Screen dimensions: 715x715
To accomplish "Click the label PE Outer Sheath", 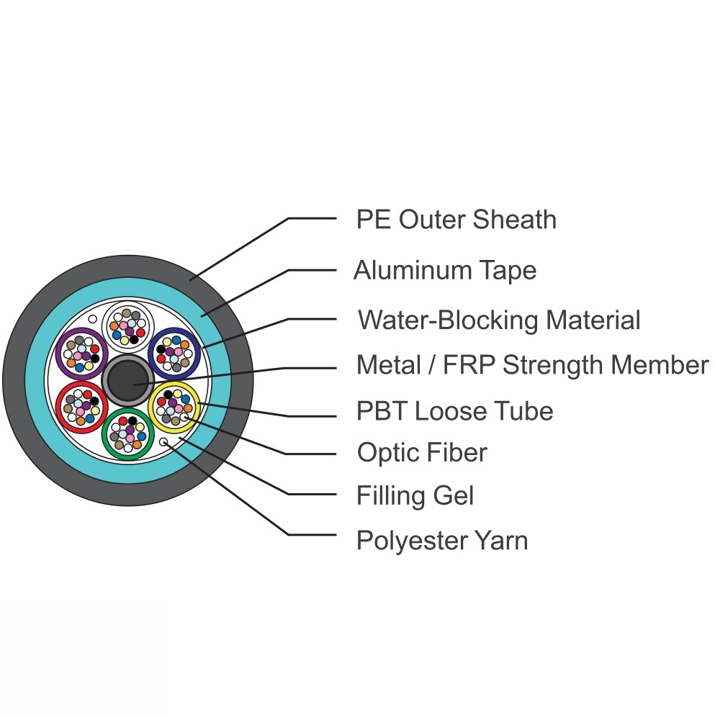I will (456, 220).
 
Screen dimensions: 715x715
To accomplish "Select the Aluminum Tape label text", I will (445, 271).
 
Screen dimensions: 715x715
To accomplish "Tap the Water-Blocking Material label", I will (499, 319).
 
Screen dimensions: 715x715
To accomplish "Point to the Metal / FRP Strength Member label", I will (532, 365).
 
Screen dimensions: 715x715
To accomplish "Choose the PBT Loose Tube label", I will (454, 411).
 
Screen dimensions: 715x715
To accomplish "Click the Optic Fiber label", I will (422, 453).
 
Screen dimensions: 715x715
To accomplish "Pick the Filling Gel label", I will (415, 495).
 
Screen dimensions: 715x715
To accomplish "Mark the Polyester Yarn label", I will (442, 540).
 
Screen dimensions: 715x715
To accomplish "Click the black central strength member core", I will (128, 379).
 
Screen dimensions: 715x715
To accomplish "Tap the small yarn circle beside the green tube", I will (163, 442).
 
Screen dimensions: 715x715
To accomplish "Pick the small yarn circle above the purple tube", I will (92, 318).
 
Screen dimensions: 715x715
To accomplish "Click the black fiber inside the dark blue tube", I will (161, 349).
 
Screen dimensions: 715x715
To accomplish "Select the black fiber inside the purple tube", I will (94, 358).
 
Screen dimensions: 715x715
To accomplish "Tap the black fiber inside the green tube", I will (132, 419).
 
